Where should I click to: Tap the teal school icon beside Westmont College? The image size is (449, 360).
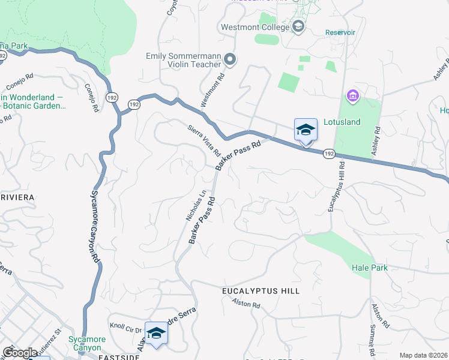298,26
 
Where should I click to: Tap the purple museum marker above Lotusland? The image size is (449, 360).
352,95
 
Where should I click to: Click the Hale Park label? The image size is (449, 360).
370,268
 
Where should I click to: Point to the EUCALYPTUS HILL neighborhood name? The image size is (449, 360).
261,291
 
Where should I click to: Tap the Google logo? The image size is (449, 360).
19,353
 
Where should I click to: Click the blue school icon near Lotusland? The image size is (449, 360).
306,130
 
